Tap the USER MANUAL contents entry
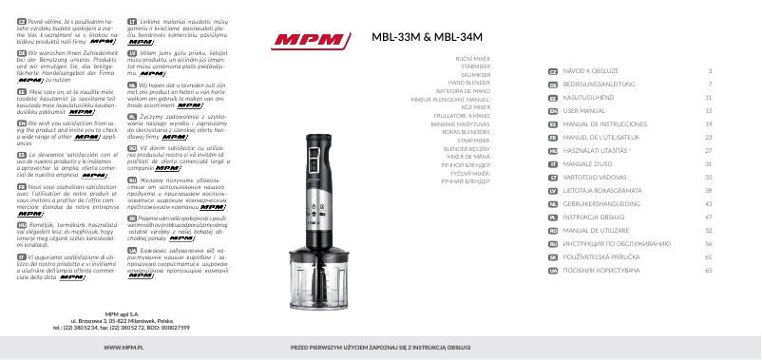pyautogui.click(x=585, y=110)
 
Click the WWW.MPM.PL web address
pyautogui.click(x=109, y=349)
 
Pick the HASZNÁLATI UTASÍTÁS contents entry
pyautogui.click(x=597, y=151)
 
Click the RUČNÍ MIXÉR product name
pyautogui.click(x=471, y=59)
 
